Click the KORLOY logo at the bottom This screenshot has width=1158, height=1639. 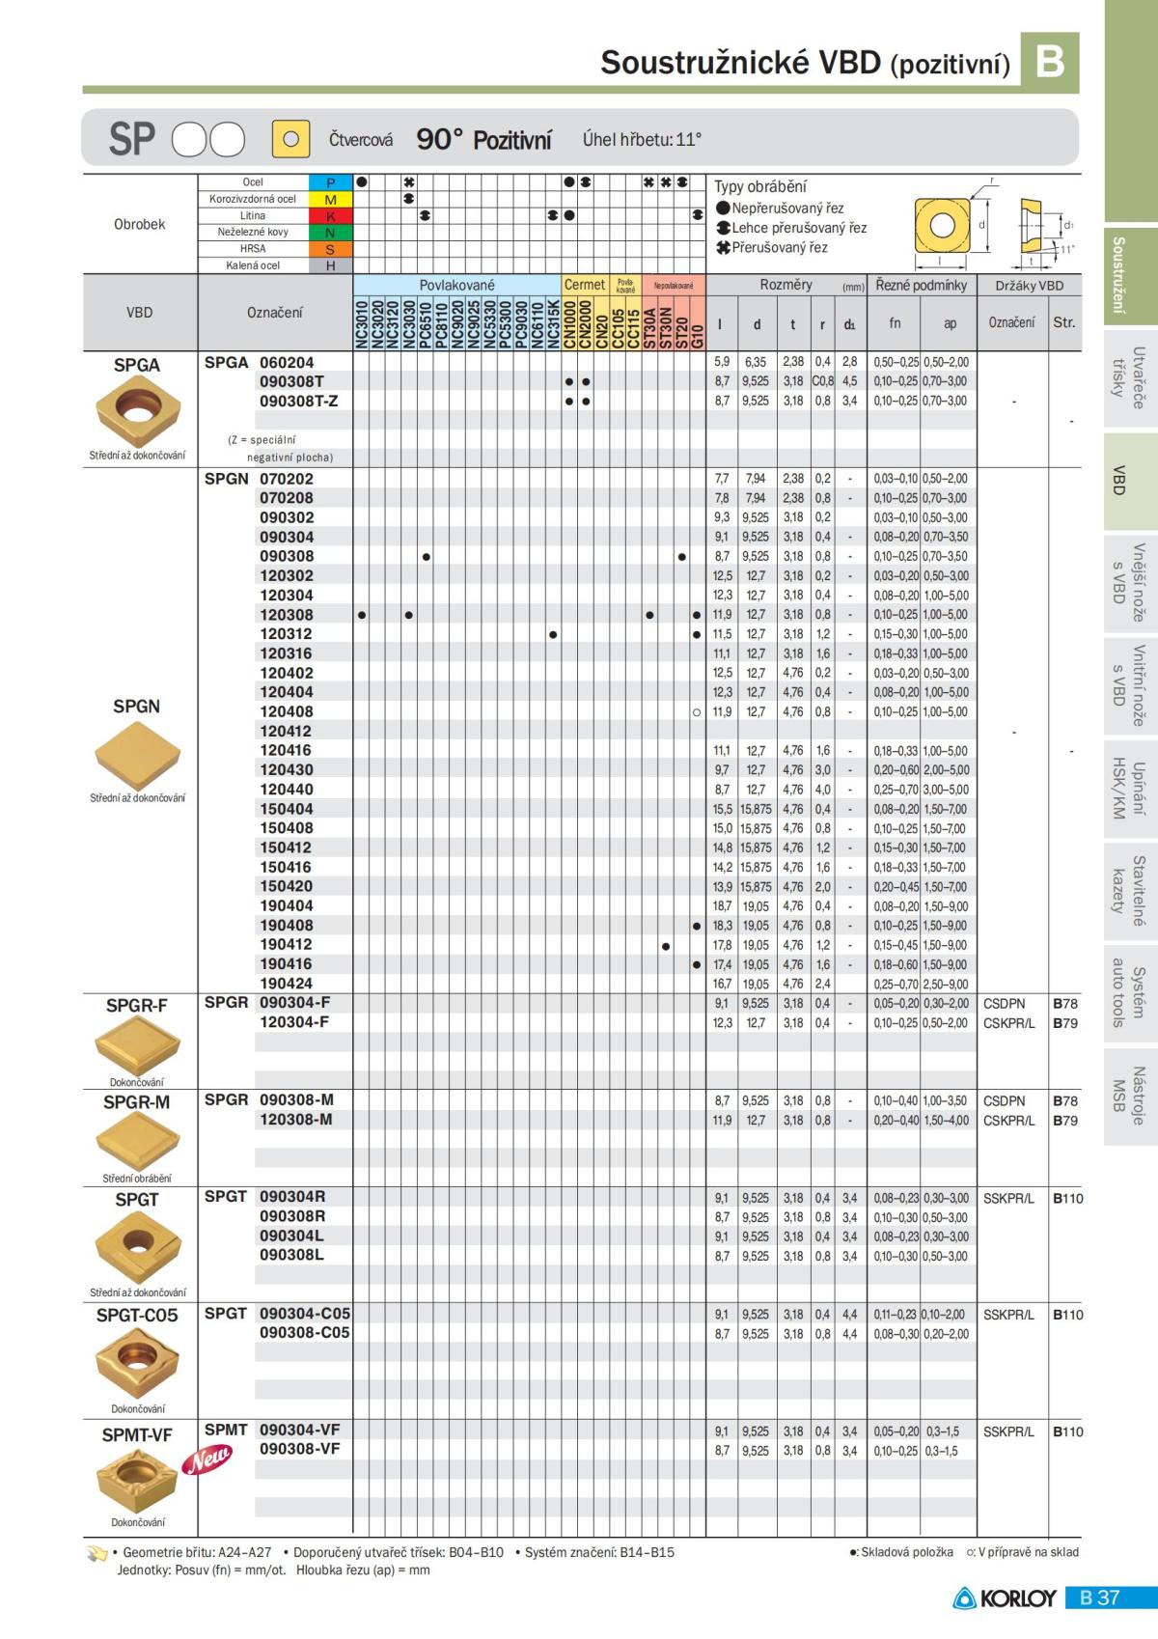(x=1005, y=1597)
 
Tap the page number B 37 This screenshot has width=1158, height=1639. (x=1100, y=1597)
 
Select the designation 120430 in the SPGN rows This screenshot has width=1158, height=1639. (x=286, y=769)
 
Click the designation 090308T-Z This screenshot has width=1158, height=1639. (x=298, y=401)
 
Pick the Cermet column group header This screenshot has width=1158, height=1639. (x=584, y=285)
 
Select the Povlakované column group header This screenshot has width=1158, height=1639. (x=456, y=285)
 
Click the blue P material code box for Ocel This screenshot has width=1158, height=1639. (x=330, y=182)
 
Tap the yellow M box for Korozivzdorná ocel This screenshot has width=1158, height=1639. (x=330, y=199)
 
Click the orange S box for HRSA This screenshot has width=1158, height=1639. (x=330, y=249)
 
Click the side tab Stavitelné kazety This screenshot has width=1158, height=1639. (x=1129, y=890)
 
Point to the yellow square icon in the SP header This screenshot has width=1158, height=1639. (x=290, y=139)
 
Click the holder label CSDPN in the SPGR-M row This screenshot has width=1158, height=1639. (x=1004, y=1100)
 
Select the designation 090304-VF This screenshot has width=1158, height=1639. (x=299, y=1430)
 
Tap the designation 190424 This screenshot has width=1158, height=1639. (x=286, y=984)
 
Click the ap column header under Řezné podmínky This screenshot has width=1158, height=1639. (x=950, y=323)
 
